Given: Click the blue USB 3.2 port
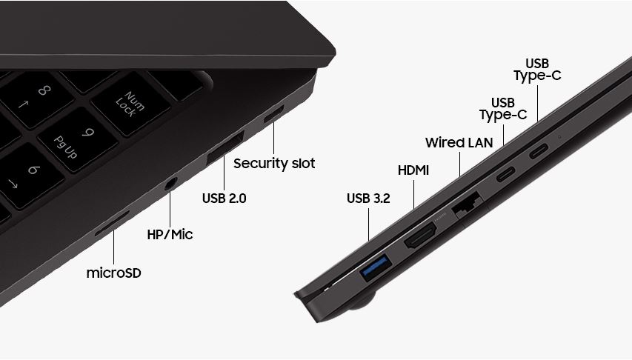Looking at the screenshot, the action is pos(376,267).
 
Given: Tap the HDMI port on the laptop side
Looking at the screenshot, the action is pos(420,235).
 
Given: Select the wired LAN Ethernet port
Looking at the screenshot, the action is pos(468,204).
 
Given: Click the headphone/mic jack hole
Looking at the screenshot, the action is pos(170,184).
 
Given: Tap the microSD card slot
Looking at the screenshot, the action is pos(112,223).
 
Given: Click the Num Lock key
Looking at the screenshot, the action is pos(130,104).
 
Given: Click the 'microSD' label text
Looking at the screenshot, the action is pos(113,273).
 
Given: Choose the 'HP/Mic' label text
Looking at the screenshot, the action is pos(170,234).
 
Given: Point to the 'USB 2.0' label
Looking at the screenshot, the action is pos(224,199).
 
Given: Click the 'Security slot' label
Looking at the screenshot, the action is pos(274,163).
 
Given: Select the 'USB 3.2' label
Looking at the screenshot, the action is pos(368,199).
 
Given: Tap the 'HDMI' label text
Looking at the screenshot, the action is pos(413,170).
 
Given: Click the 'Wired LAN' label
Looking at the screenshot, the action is pos(459,143).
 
